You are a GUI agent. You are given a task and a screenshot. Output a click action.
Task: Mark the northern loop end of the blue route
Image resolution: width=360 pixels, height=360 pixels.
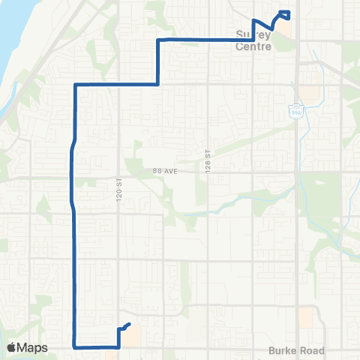[285, 13]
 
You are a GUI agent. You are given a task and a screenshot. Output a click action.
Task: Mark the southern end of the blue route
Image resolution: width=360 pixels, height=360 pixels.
[130, 324]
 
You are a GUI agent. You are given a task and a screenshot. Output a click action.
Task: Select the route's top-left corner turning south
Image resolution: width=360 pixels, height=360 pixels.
[76, 85]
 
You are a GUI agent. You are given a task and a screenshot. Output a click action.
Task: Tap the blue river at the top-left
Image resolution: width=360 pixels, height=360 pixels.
[19, 37]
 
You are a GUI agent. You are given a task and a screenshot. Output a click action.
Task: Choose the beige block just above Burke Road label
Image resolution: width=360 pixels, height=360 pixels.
[305, 317]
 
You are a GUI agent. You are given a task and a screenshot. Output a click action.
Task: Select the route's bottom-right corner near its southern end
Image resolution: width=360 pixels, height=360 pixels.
[119, 347]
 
